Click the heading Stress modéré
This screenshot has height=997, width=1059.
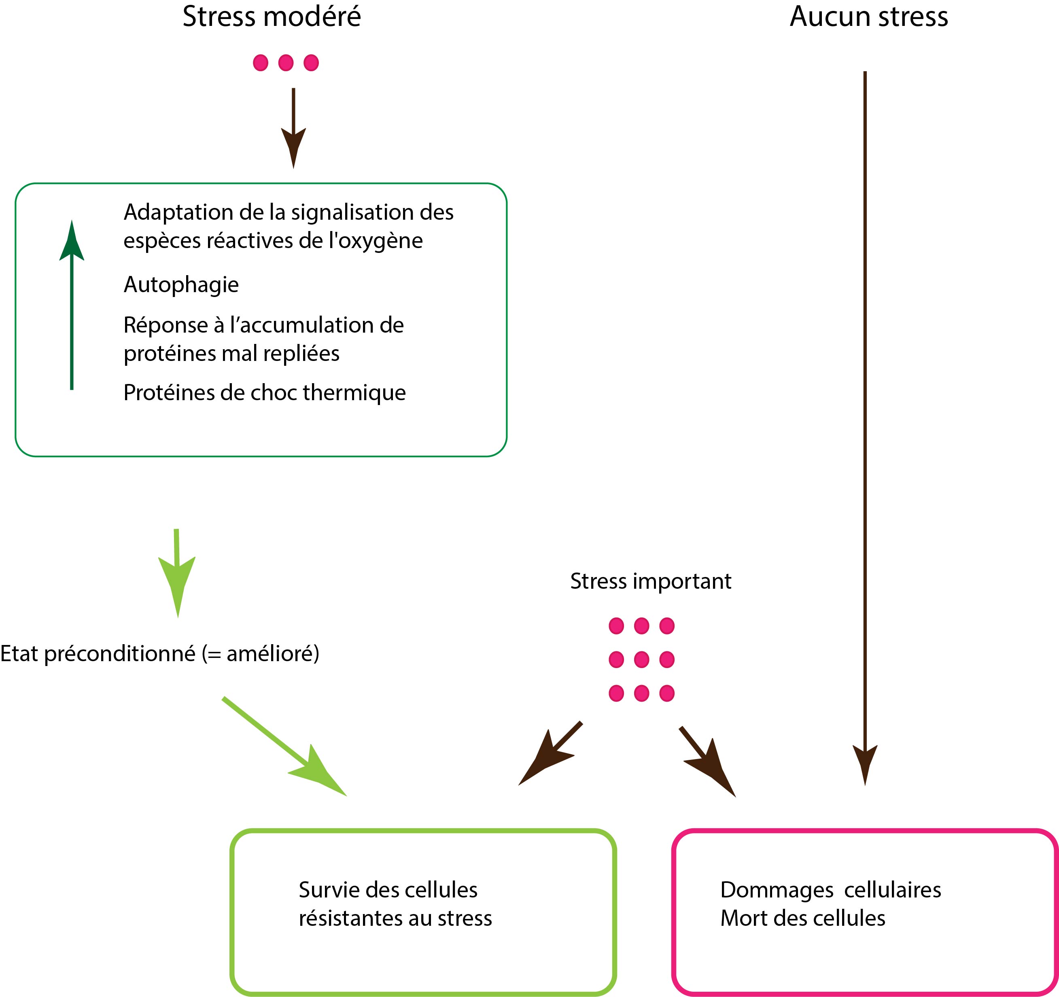(x=272, y=17)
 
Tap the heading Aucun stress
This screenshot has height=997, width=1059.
(x=868, y=17)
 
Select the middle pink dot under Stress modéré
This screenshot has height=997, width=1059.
(x=286, y=63)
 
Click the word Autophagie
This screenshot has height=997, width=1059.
(x=181, y=285)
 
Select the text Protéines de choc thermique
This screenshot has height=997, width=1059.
(x=265, y=393)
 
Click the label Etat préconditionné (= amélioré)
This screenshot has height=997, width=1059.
(x=160, y=654)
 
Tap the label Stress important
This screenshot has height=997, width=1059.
(x=650, y=581)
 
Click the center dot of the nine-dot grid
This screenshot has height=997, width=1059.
(x=641, y=660)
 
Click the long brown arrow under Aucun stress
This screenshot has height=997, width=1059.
(x=865, y=426)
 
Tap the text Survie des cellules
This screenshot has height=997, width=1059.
(x=388, y=889)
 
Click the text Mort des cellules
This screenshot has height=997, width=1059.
(x=803, y=918)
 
